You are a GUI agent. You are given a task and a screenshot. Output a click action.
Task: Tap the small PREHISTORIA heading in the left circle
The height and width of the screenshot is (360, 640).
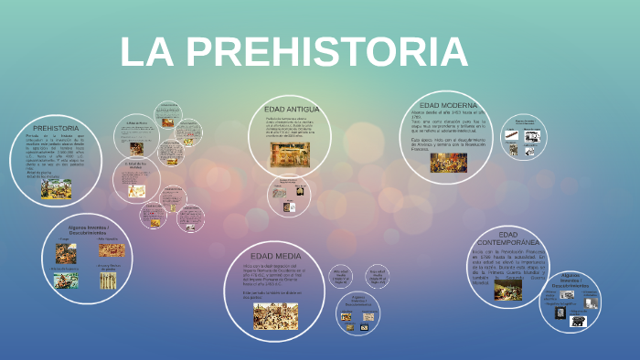pyautogui.click(x=55, y=128)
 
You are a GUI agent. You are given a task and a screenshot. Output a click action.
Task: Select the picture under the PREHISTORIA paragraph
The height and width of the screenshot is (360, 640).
pyautogui.click(x=56, y=187)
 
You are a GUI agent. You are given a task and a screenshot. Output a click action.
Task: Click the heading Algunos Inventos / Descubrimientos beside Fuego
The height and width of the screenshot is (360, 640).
pyautogui.click(x=89, y=230)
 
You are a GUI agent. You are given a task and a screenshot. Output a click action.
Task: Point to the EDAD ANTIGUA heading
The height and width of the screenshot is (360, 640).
pyautogui.click(x=291, y=109)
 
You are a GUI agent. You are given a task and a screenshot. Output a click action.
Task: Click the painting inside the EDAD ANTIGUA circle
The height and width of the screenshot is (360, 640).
pyautogui.click(x=289, y=154)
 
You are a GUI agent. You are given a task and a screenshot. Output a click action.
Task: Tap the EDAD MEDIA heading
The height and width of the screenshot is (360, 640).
pyautogui.click(x=275, y=256)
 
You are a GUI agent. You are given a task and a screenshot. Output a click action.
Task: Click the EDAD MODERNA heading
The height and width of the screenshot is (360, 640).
pyautogui.click(x=448, y=106)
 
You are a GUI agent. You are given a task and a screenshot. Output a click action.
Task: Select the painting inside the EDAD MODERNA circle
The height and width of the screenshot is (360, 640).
pyautogui.click(x=448, y=162)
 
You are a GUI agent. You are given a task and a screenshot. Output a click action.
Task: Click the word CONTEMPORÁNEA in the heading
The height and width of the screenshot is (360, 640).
pyautogui.click(x=509, y=242)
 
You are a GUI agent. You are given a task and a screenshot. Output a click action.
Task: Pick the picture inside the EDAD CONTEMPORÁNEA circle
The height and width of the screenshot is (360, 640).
pyautogui.click(x=508, y=289)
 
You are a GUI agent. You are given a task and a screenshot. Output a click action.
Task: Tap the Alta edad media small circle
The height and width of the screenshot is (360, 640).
pyautogui.click(x=341, y=275)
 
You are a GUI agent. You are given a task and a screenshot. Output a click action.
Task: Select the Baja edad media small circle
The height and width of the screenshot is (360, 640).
pyautogui.click(x=377, y=275)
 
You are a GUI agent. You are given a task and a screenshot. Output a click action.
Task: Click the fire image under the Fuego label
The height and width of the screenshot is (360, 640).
pyautogui.click(x=66, y=253)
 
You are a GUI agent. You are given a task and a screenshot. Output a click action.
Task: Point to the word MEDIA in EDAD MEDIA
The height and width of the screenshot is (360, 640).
pyautogui.click(x=288, y=256)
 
